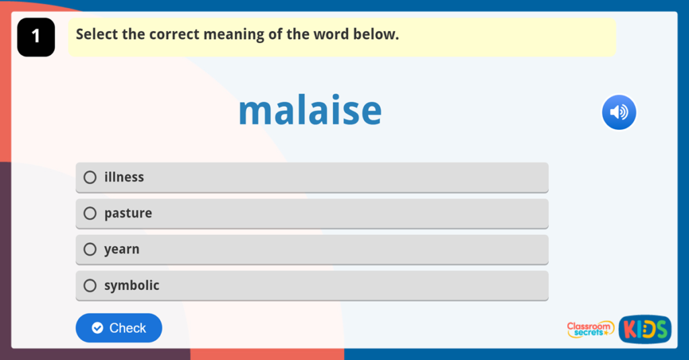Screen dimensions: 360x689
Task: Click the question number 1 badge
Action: point(36,37)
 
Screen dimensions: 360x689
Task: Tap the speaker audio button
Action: point(618,112)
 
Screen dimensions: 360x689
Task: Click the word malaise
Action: point(310,111)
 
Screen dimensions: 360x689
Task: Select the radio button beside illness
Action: point(90,177)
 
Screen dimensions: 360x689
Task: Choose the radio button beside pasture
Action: point(90,213)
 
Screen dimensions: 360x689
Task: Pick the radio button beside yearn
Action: point(90,249)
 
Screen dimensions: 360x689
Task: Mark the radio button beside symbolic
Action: point(90,285)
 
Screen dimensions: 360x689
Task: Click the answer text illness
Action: point(124,177)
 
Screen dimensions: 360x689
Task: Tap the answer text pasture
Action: point(128,213)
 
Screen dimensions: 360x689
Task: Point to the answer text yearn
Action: point(122,249)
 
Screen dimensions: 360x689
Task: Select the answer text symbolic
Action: point(132,285)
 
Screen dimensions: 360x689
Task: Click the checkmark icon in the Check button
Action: point(98,328)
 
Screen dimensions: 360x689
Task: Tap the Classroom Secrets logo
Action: point(590,329)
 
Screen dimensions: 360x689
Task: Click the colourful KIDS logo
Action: point(645,329)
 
